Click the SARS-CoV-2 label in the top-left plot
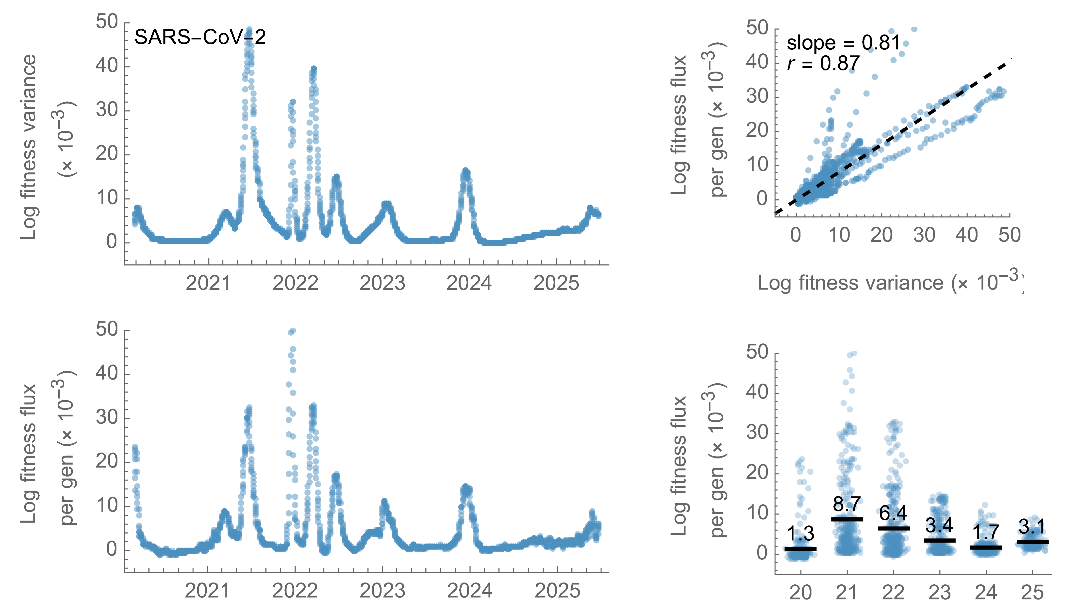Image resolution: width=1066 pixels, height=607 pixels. pyautogui.click(x=200, y=37)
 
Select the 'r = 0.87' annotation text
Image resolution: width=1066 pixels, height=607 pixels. pyautogui.click(x=823, y=63)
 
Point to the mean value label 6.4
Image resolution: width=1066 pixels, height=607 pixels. pyautogui.click(x=893, y=513)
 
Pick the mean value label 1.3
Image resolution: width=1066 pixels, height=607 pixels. pyautogui.click(x=800, y=534)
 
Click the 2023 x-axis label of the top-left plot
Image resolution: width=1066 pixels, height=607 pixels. pyautogui.click(x=382, y=284)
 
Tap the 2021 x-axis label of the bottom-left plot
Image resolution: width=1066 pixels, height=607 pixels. pyautogui.click(x=207, y=591)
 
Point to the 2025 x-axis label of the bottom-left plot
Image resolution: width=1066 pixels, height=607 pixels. pyautogui.click(x=557, y=591)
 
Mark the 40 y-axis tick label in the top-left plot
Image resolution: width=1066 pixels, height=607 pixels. pyautogui.click(x=107, y=66)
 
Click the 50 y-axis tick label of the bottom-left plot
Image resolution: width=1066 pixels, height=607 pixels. pyautogui.click(x=107, y=329)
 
